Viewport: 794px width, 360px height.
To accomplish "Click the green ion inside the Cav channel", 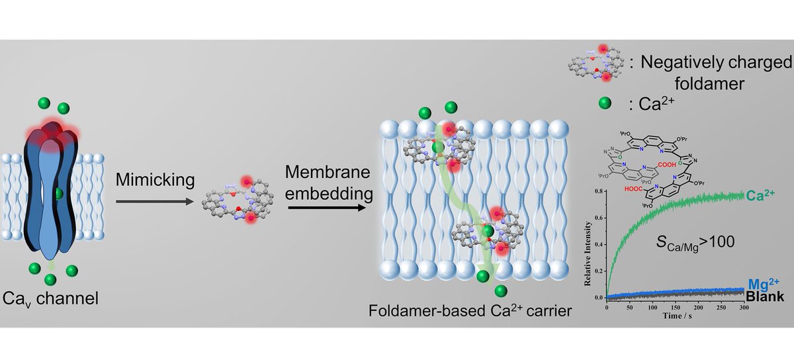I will point(60,193).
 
